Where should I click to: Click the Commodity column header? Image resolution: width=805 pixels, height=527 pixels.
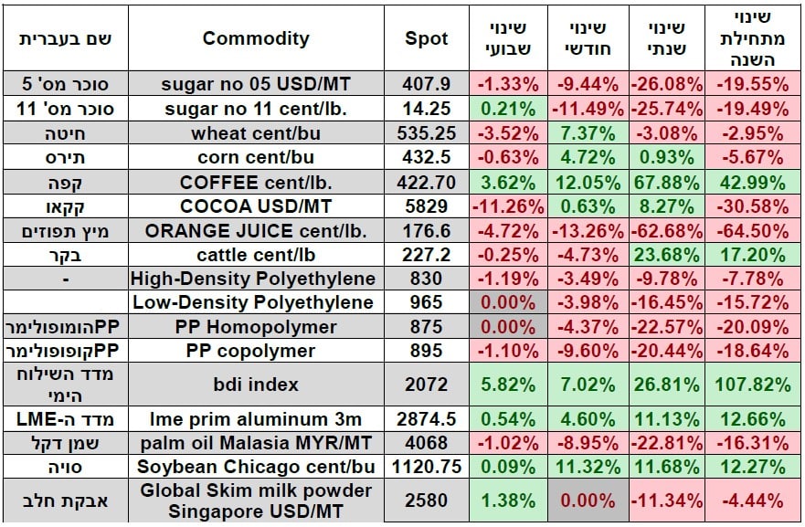pos(255,38)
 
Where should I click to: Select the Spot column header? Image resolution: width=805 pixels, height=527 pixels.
pos(427,38)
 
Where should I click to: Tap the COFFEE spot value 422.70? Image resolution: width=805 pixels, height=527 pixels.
pos(427,181)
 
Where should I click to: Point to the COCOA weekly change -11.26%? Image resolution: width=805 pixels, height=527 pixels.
pos(508,206)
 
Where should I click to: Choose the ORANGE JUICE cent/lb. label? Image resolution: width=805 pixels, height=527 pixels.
pos(255,229)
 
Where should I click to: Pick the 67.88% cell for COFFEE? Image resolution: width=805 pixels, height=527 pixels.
pos(666,181)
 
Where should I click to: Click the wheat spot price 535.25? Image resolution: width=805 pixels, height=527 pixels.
pos(427,132)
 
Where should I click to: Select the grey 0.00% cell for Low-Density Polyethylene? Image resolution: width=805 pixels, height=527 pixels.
pos(508,302)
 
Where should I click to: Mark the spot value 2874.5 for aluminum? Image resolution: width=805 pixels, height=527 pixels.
pos(427,420)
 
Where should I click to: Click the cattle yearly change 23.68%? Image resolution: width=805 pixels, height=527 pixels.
pos(666,254)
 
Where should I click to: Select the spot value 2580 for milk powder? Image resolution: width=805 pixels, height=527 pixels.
pos(427,501)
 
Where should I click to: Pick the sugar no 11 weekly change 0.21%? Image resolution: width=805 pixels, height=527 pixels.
pos(508,109)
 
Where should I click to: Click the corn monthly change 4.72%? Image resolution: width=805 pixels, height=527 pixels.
pos(588,157)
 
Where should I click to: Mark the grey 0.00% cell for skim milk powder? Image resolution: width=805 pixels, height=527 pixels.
pos(588,501)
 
